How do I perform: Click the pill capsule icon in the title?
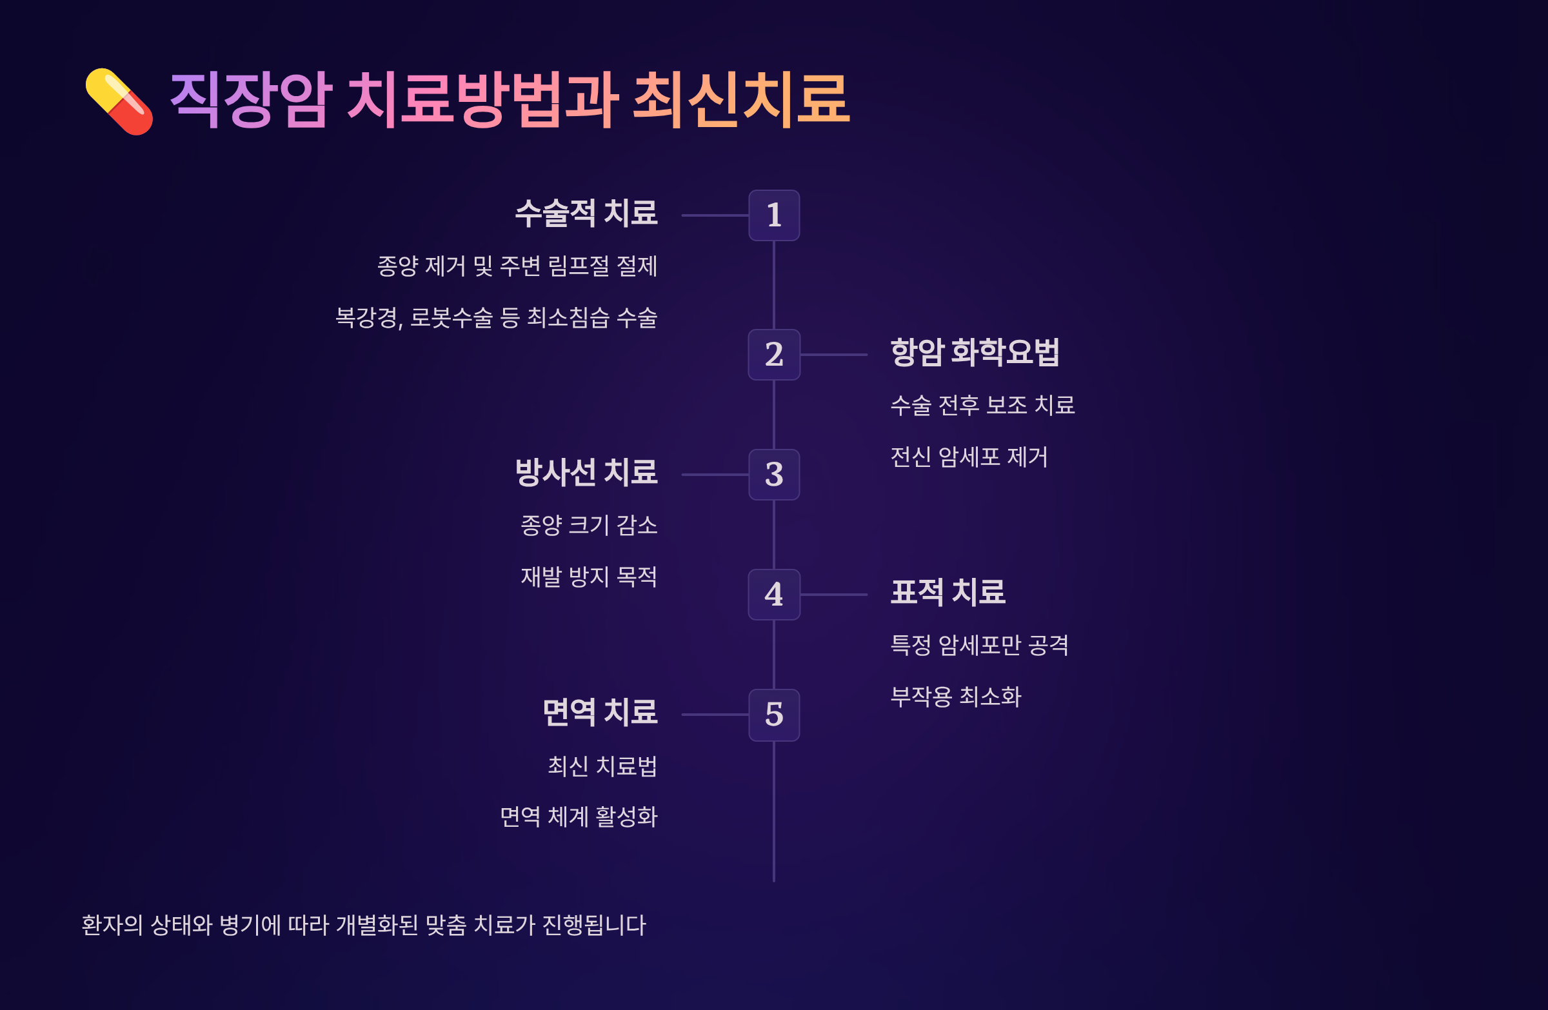[x=120, y=101]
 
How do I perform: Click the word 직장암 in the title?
[x=251, y=100]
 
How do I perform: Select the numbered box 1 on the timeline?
[x=773, y=215]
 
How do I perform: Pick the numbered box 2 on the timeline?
[x=773, y=355]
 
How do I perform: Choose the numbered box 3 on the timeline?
[x=773, y=475]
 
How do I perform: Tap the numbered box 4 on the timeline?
[x=773, y=595]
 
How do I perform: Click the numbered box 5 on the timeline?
[x=773, y=715]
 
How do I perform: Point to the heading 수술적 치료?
[x=586, y=213]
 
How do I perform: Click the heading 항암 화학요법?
[x=975, y=353]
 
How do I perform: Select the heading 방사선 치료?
[x=586, y=473]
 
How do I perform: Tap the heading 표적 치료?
[x=948, y=593]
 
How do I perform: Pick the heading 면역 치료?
[x=600, y=712]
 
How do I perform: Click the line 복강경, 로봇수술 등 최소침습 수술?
[x=495, y=318]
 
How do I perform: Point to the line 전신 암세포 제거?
[x=969, y=457]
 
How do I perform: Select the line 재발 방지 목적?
[x=589, y=577]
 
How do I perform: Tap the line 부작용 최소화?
[x=955, y=697]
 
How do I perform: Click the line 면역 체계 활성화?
[x=578, y=817]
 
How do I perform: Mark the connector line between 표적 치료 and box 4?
[x=834, y=595]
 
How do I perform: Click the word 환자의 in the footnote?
[x=112, y=925]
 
